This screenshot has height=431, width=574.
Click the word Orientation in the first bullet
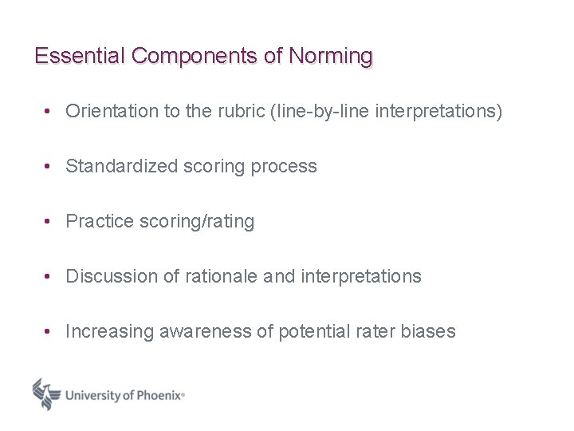[112, 111]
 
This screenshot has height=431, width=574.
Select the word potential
[312, 332]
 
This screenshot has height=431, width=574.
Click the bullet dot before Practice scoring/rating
[49, 222]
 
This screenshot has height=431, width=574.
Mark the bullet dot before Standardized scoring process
[49, 167]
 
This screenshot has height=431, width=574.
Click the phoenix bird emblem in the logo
[46, 393]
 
